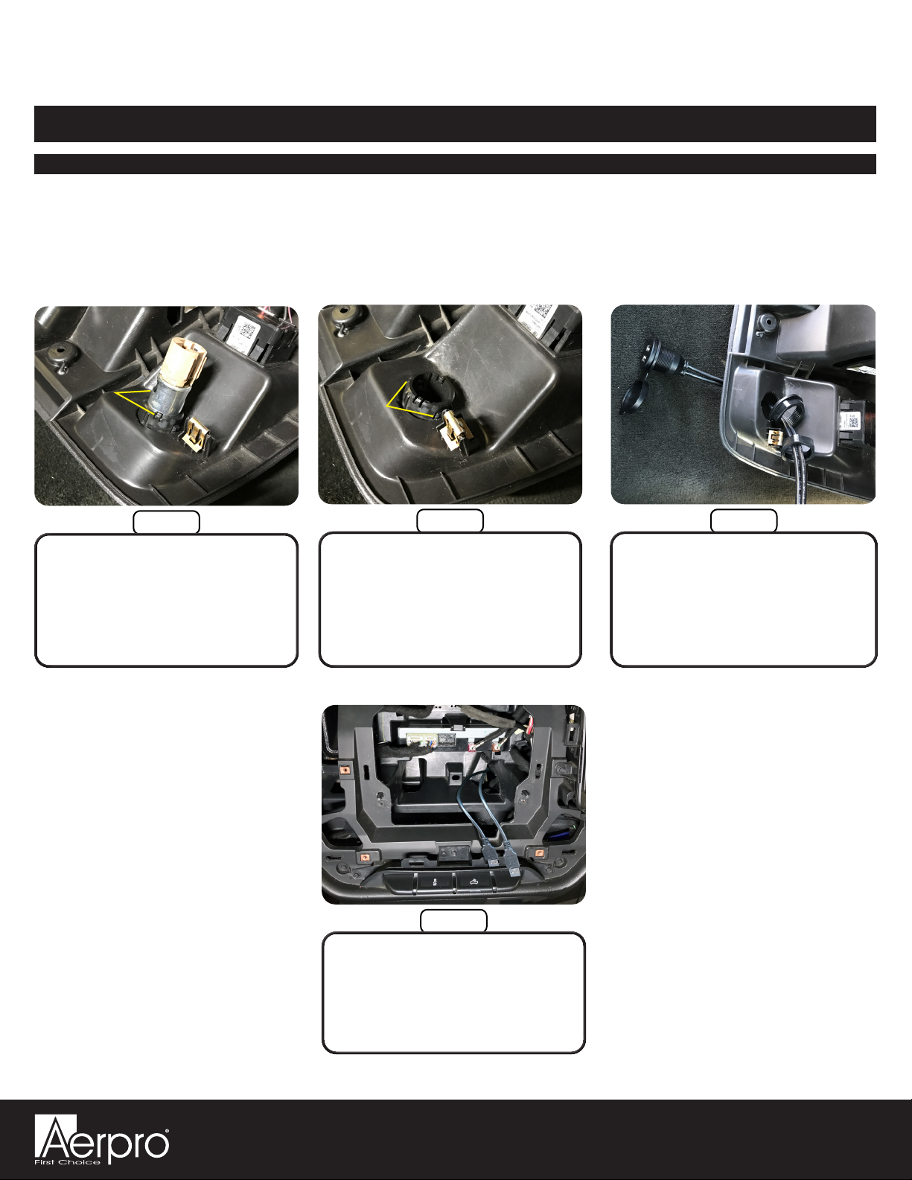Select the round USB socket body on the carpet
(660, 358)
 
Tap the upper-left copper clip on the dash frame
(344, 769)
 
